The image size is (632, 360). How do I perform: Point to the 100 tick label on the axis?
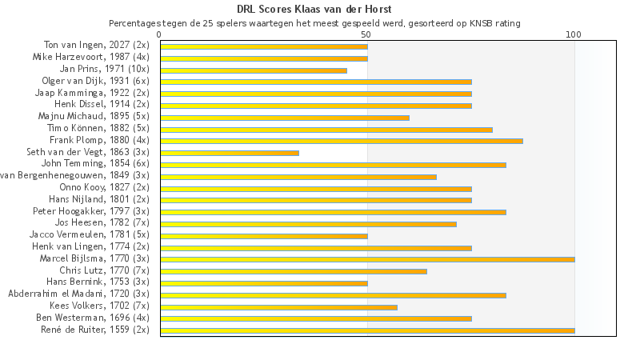[573, 34]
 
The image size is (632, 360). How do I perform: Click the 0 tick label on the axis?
[160, 34]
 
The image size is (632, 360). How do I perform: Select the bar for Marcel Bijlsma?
[367, 259]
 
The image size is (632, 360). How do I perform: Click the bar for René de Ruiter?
[367, 330]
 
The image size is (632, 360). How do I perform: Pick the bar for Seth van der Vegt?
[230, 153]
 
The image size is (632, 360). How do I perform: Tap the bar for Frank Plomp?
[342, 141]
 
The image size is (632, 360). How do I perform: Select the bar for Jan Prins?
[254, 70]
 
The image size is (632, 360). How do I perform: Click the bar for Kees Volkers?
[278, 306]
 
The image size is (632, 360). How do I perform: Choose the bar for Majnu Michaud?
[285, 118]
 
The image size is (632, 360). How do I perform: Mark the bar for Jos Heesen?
[308, 224]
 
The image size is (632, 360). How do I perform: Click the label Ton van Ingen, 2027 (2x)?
[96, 46]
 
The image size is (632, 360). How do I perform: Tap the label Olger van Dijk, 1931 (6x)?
[95, 82]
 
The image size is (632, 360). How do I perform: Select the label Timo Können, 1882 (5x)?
[98, 129]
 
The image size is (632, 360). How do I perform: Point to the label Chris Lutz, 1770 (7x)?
[104, 270]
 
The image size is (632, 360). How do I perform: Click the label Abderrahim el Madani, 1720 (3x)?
[78, 294]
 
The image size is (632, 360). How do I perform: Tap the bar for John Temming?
[333, 165]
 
